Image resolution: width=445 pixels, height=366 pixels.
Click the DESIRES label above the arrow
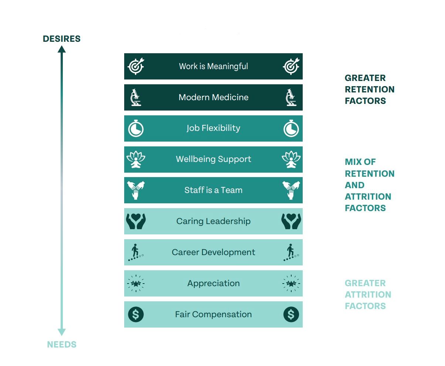pos(61,39)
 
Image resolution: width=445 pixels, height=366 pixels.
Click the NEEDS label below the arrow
pos(62,345)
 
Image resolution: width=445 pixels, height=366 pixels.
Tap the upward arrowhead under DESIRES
pos(62,49)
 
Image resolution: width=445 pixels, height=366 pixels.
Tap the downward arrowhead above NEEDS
pos(62,332)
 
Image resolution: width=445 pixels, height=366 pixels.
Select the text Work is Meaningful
pos(213,67)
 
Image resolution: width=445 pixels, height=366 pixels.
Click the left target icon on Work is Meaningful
pos(136,67)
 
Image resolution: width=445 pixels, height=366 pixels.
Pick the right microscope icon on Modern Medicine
pos(291,98)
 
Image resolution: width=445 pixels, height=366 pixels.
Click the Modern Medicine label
pos(213,98)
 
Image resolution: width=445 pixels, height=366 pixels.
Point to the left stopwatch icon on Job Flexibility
pos(136,129)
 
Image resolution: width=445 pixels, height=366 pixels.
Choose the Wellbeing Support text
pos(213,159)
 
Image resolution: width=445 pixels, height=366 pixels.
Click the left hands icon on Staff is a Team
pos(136,190)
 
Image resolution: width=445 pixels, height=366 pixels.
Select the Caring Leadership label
pos(213,221)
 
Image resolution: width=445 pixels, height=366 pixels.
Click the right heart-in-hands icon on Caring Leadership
pos(291,221)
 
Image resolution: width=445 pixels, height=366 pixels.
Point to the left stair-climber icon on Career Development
pos(136,253)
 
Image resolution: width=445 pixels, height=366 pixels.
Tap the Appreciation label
pos(213,284)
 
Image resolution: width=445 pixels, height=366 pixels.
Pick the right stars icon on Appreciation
pos(291,284)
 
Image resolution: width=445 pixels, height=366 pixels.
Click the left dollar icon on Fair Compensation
pos(136,315)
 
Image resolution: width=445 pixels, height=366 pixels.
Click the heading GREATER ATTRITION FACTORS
pos(368,295)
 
